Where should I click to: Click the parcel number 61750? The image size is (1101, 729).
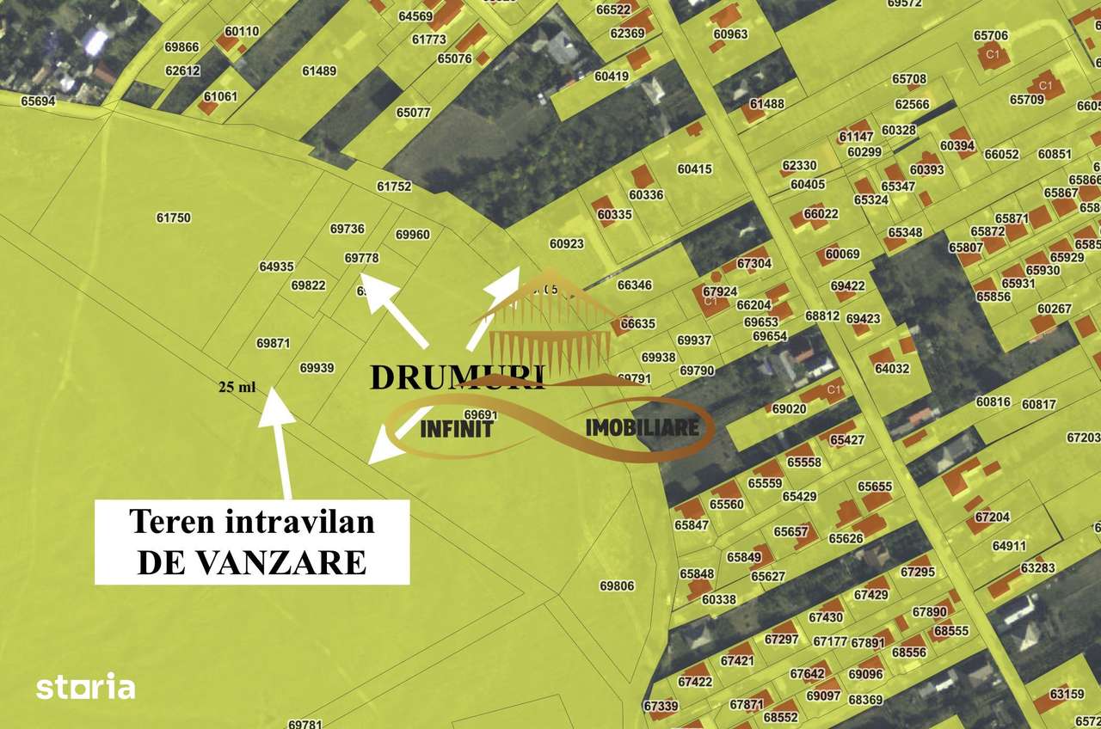click(173, 217)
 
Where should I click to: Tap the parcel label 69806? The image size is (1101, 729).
click(617, 585)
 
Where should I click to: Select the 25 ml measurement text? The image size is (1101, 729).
click(237, 387)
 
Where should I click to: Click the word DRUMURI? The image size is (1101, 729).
click(457, 377)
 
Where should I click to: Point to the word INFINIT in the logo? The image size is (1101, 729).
click(456, 428)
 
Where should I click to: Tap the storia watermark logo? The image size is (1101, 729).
click(85, 687)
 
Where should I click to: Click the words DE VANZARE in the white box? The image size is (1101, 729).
click(251, 562)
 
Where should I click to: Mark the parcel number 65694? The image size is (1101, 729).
click(38, 101)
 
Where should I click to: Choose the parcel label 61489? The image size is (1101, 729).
click(319, 70)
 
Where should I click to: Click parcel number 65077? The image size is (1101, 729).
click(413, 112)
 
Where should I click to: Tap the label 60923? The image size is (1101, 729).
click(566, 243)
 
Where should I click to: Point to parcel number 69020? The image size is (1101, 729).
click(789, 408)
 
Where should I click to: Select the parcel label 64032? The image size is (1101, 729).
click(892, 368)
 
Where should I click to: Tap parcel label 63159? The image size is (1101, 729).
click(1067, 693)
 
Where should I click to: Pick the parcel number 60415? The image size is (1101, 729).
click(694, 168)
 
